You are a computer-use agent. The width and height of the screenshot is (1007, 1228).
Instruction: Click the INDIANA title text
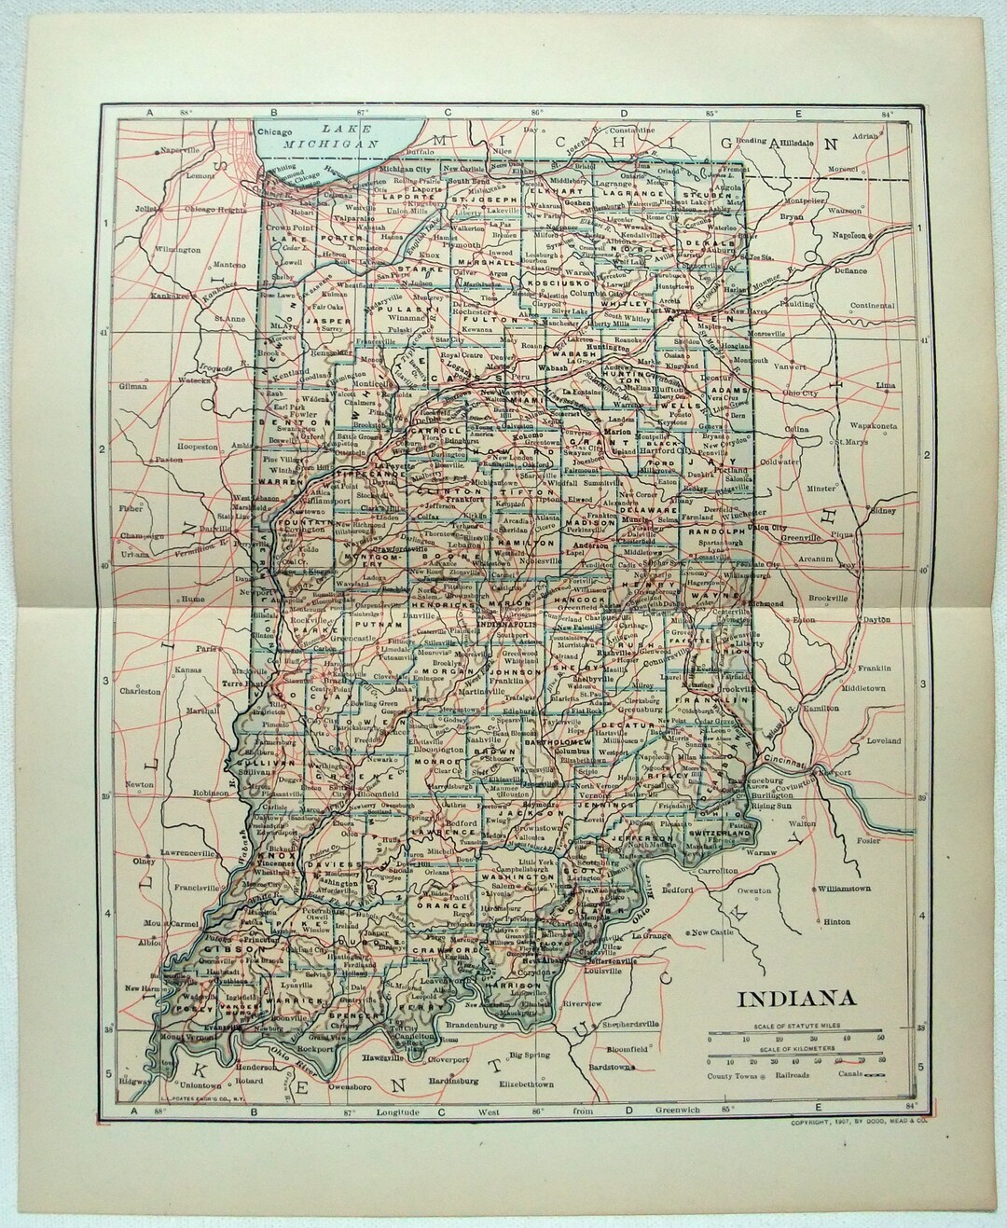797,1000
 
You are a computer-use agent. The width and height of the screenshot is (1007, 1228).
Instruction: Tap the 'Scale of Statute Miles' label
795,1028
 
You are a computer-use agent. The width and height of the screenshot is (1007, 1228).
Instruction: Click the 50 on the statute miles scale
881,1039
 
